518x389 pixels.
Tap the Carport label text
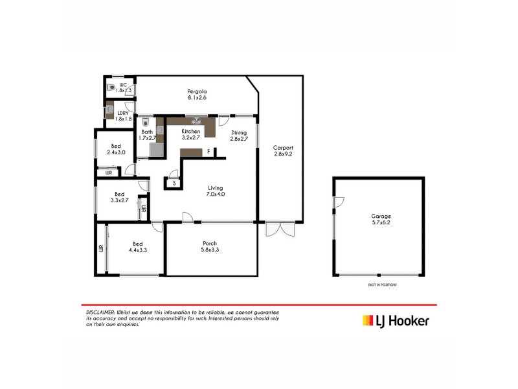pyautogui.click(x=284, y=150)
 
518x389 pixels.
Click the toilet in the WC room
pyautogui.click(x=111, y=86)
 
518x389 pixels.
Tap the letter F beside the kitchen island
pyautogui.click(x=208, y=152)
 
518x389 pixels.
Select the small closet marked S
pyautogui.click(x=174, y=183)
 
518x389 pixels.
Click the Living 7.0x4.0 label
pyautogui.click(x=216, y=190)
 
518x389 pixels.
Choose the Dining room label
pyautogui.click(x=240, y=136)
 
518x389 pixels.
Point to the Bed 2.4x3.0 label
pyautogui.click(x=116, y=149)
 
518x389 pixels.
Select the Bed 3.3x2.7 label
pyautogui.click(x=120, y=197)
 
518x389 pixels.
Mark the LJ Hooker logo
pyautogui.click(x=395, y=320)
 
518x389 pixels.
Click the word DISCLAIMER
pyautogui.click(x=100, y=312)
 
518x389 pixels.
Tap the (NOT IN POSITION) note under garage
pyautogui.click(x=382, y=285)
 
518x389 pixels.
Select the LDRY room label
pyautogui.click(x=123, y=115)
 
